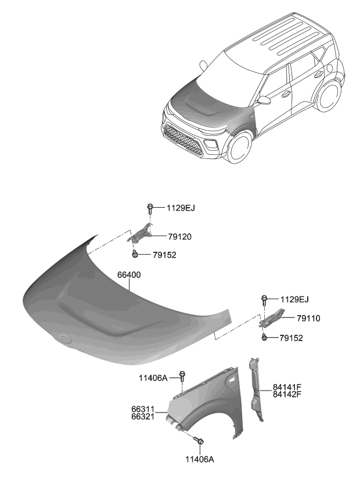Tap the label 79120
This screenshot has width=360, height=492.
click(180, 237)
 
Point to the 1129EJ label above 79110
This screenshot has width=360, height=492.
click(294, 299)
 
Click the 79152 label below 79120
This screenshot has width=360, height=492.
click(164, 255)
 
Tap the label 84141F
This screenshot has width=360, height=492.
click(286, 387)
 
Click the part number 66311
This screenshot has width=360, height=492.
click(143, 409)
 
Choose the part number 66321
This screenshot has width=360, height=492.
click(143, 417)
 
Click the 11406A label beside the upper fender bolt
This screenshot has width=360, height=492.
click(153, 378)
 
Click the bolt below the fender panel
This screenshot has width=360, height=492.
click(199, 442)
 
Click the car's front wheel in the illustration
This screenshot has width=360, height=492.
click(239, 149)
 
